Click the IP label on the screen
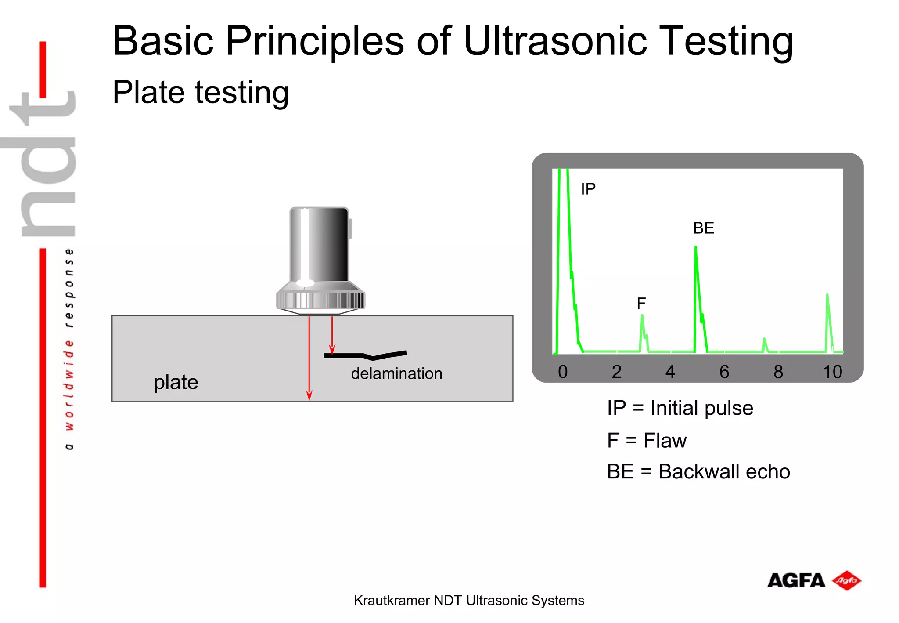tap(588, 189)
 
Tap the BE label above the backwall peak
tap(703, 228)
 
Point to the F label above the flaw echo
tap(641, 303)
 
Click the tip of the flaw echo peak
tap(642, 315)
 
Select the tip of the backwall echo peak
tap(695, 247)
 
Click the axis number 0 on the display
tap(562, 372)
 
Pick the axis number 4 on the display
tap(670, 372)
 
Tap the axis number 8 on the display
tap(778, 372)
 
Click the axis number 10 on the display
tap(832, 372)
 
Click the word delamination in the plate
tap(396, 373)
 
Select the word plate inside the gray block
tap(176, 382)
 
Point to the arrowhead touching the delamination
tap(332, 350)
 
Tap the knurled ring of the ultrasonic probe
tap(320, 301)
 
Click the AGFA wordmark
tap(796, 581)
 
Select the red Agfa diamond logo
tap(847, 580)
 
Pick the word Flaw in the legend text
tap(665, 440)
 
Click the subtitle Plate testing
tap(201, 92)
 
